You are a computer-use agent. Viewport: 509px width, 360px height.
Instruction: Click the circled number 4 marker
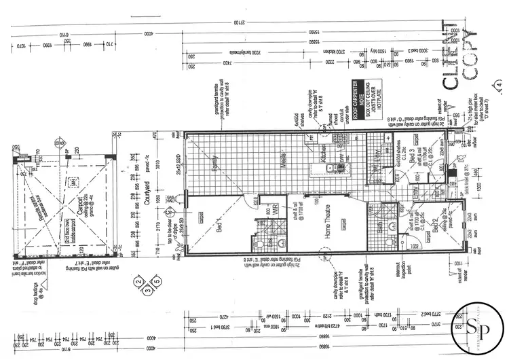499,85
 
